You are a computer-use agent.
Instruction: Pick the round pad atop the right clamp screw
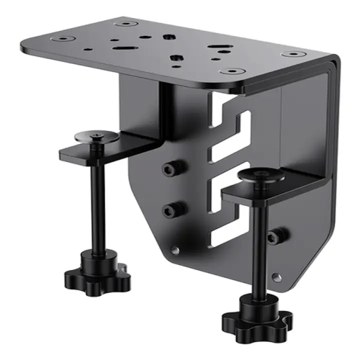tap(261, 175)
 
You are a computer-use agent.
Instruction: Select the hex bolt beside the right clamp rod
tap(274, 235)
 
